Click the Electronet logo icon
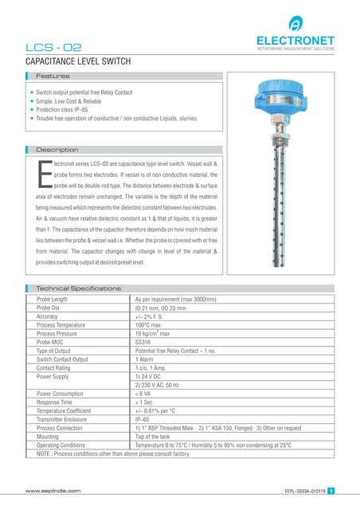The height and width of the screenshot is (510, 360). point(295,23)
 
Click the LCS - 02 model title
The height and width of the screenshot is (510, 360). point(53,48)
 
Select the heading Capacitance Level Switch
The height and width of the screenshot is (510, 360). point(78,61)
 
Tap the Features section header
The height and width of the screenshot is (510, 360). point(53,76)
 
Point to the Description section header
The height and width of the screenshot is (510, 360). point(57,149)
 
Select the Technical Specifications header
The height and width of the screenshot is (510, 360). point(80,288)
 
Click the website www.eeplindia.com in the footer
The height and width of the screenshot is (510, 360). point(53,492)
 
